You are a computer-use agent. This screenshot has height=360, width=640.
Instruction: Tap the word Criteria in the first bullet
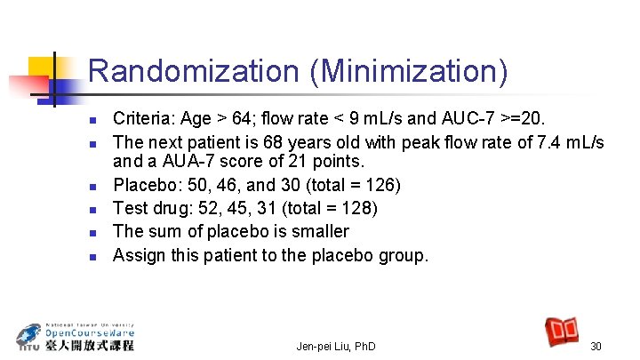coord(143,117)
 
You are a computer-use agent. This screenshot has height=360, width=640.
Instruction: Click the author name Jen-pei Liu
coord(324,346)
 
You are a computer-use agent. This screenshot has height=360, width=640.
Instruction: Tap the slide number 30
coord(596,346)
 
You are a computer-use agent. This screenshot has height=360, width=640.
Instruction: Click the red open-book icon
coord(563,332)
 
